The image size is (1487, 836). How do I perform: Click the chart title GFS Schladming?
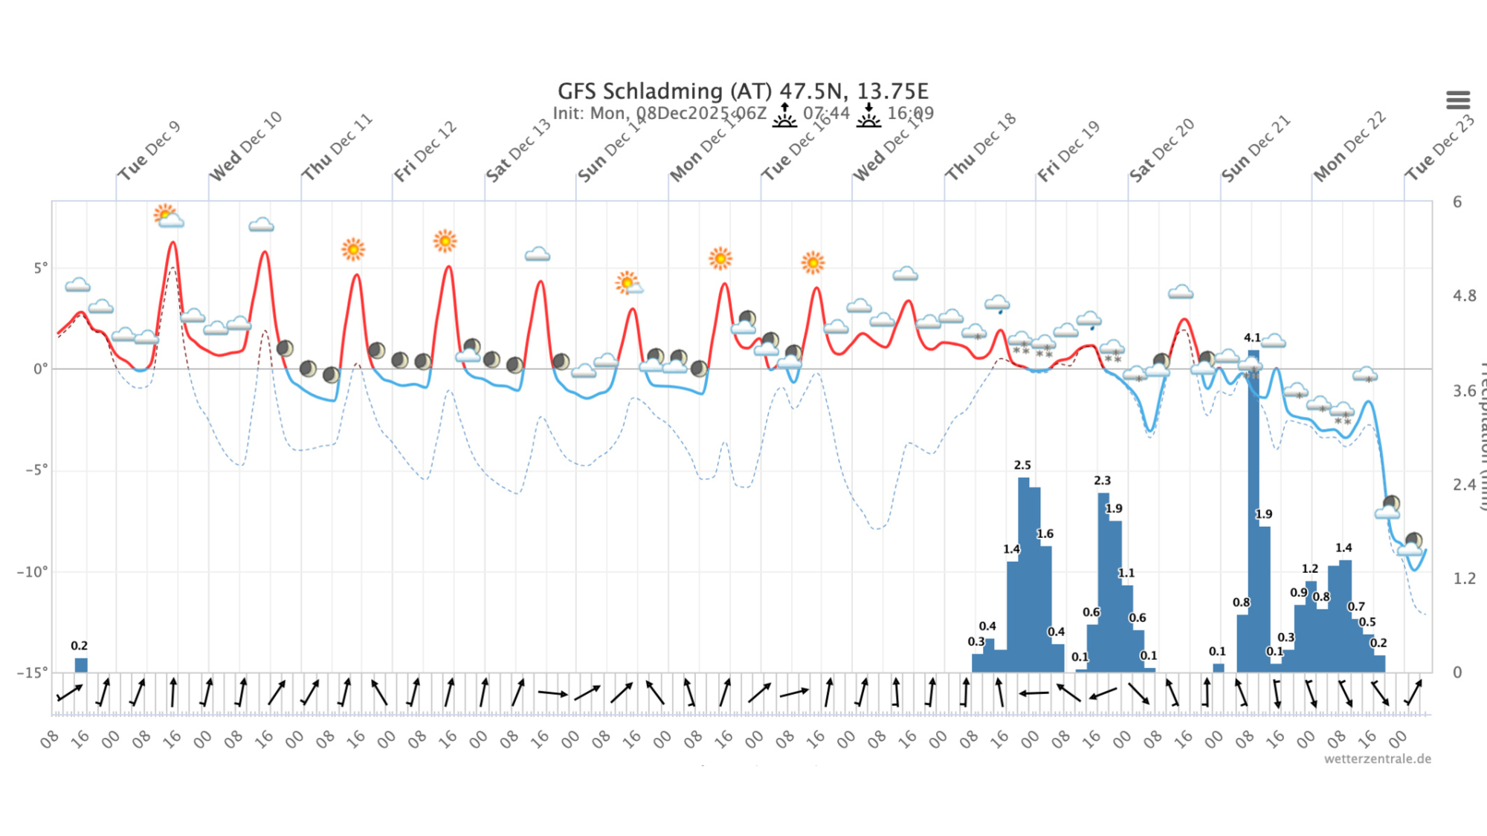742,91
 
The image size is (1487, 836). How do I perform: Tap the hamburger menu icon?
1457,100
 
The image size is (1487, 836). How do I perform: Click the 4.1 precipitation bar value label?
1252,337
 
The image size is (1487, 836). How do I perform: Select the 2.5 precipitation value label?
1022,465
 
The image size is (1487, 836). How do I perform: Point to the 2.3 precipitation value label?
1102,481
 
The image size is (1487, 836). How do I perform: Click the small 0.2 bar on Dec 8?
81,664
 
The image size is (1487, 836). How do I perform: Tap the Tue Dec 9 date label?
149,150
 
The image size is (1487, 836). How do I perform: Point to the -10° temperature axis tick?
33,571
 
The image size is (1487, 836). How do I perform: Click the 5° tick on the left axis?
40,268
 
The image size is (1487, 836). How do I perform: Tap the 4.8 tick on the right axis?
1464,296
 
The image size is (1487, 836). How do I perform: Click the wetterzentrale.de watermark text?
1377,759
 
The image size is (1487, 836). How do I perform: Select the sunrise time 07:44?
826,113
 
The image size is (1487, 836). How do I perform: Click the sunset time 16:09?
910,113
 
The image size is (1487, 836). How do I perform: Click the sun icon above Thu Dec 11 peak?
353,249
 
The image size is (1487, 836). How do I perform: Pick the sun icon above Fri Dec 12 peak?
445,241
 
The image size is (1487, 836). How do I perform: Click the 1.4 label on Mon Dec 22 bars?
1344,548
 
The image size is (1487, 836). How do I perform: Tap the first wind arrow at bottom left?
70,693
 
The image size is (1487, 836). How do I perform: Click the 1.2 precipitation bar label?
1309,568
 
